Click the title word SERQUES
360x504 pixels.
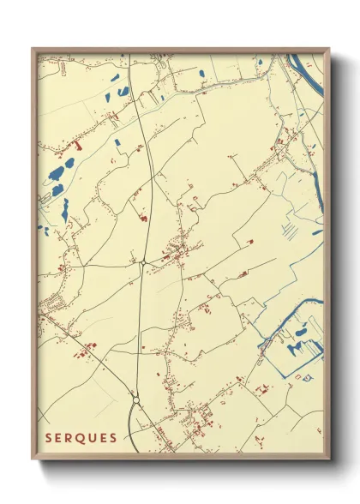tap(81, 438)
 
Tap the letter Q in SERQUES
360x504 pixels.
tap(87, 438)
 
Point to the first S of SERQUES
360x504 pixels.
tap(50, 438)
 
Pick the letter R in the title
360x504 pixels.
tap(74, 438)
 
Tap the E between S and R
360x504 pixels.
tap(62, 438)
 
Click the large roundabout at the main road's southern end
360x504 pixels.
tap(135, 399)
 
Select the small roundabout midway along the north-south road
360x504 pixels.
tap(143, 263)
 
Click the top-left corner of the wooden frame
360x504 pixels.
tap(33, 49)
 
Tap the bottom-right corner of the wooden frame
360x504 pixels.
tap(330, 460)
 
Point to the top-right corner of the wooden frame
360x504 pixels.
tap(330, 49)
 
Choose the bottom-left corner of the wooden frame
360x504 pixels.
tap(33, 460)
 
